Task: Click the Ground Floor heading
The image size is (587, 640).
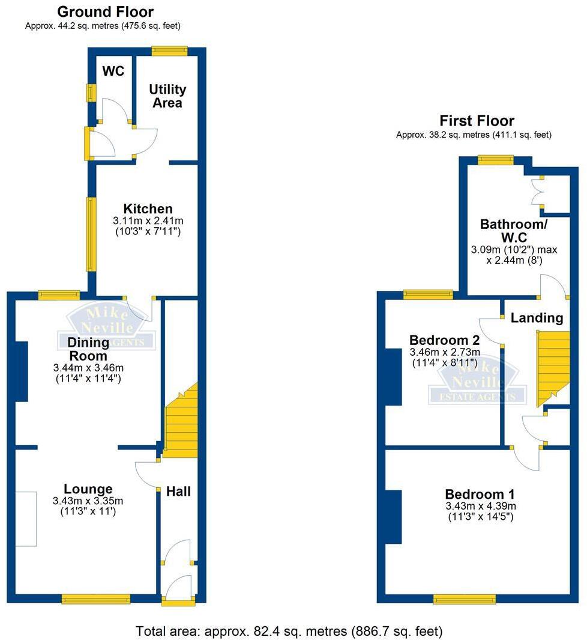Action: pyautogui.click(x=105, y=12)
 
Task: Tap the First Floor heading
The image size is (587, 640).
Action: pyautogui.click(x=477, y=121)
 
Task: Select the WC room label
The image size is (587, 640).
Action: pyautogui.click(x=113, y=72)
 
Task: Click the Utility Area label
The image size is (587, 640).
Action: pyautogui.click(x=167, y=96)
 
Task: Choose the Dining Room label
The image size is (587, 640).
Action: pyautogui.click(x=88, y=349)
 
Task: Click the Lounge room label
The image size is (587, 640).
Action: pyautogui.click(x=88, y=489)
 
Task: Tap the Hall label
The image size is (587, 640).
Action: pyautogui.click(x=178, y=492)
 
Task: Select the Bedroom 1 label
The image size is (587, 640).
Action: pyautogui.click(x=480, y=494)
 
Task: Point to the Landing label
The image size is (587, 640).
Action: pyautogui.click(x=537, y=318)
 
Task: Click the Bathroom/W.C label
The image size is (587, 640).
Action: pyautogui.click(x=514, y=231)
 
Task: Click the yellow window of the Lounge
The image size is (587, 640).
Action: pyautogui.click(x=96, y=598)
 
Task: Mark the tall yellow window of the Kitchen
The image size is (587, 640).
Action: pyautogui.click(x=91, y=234)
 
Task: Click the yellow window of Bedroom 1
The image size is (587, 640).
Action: pyautogui.click(x=465, y=599)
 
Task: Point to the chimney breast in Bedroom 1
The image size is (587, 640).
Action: pyautogui.click(x=393, y=517)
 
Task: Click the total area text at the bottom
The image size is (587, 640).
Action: pyautogui.click(x=289, y=632)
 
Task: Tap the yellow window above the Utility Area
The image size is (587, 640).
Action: pyautogui.click(x=169, y=51)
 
